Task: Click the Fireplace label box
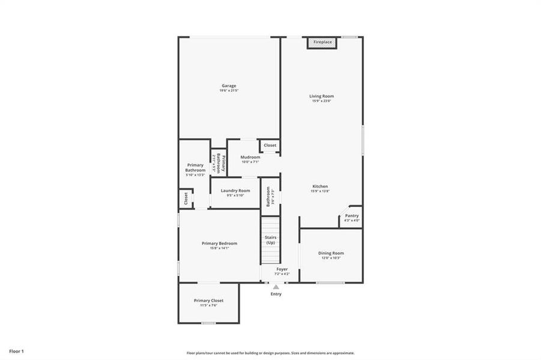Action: tap(322, 43)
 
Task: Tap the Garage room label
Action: tap(229, 86)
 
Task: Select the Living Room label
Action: tap(322, 96)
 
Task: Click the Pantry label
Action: tap(352, 215)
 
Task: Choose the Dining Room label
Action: tap(331, 253)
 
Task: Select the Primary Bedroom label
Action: tap(219, 243)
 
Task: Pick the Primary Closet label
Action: tap(208, 300)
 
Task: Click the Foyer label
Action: tap(282, 269)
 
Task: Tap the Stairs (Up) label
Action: tap(270, 240)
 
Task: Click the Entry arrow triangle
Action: tap(276, 287)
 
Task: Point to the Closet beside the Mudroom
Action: tap(270, 145)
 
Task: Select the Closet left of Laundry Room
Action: tap(186, 197)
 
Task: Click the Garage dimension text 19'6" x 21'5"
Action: tap(229, 91)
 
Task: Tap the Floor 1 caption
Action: tap(16, 350)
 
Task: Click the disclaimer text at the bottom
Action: tap(270, 353)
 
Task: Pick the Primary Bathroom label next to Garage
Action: tap(195, 167)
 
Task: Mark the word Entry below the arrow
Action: tap(276, 294)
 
